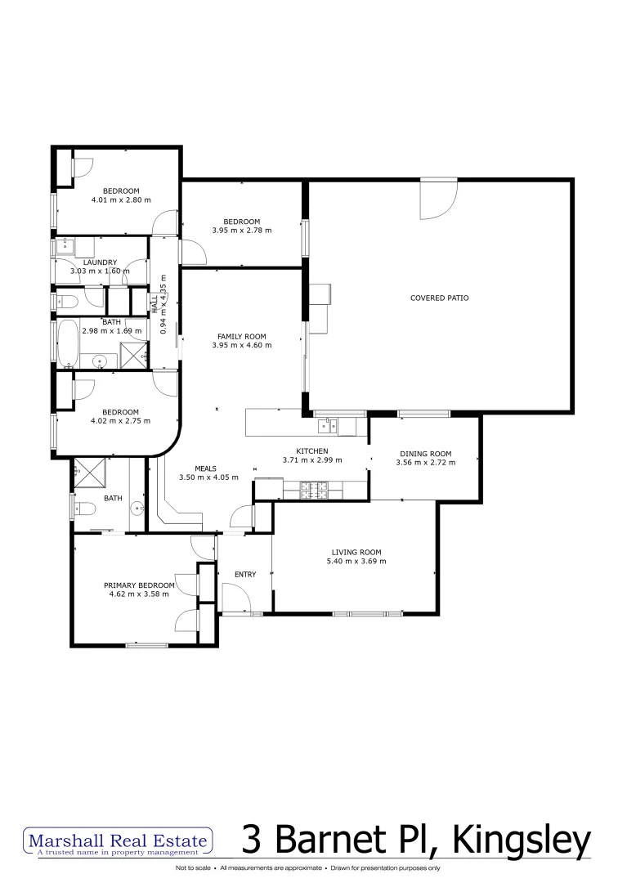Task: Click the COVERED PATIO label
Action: (x=439, y=298)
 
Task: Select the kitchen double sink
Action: (x=329, y=424)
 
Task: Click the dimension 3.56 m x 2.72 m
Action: (x=425, y=463)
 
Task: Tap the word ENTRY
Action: (x=245, y=575)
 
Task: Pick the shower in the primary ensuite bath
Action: (x=85, y=472)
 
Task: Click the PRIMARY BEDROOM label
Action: (x=139, y=585)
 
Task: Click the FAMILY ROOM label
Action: (x=241, y=336)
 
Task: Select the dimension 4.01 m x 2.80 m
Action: (x=121, y=200)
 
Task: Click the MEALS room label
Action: (x=204, y=468)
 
